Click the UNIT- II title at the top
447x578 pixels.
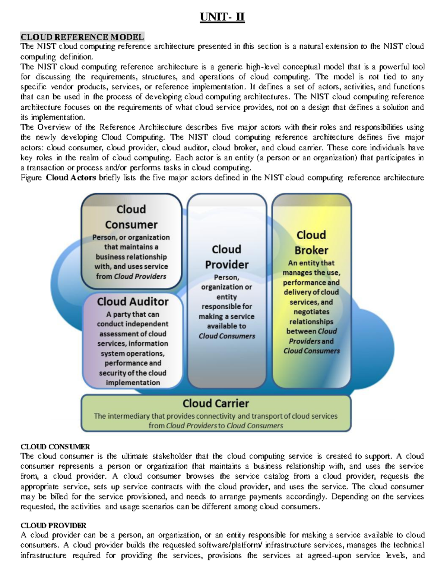point(222,17)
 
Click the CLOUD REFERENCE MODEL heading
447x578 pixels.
point(82,37)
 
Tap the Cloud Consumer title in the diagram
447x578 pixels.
point(131,217)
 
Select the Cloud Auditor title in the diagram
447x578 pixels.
point(133,301)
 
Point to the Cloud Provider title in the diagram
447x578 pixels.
point(226,257)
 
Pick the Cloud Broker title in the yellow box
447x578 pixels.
point(311,243)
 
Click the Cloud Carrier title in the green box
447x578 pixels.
point(216,403)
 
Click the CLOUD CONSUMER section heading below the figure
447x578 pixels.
point(55,447)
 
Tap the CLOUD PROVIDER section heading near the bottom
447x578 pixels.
point(53,526)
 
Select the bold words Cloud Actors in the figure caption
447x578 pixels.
point(71,178)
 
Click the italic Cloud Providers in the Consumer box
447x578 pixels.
point(140,277)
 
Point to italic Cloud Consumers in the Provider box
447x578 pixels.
point(227,336)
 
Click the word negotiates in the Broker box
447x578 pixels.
point(311,312)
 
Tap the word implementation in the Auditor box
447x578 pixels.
point(133,383)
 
